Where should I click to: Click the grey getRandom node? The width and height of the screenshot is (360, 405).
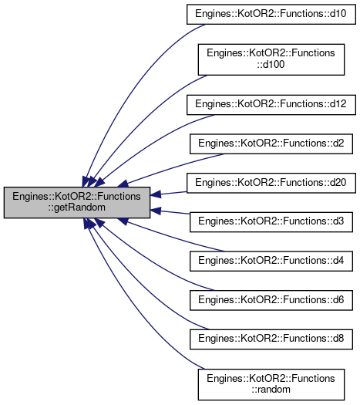click(77, 202)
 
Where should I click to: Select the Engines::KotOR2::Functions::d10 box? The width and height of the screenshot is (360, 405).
click(271, 14)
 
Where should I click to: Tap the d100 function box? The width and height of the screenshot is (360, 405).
click(271, 59)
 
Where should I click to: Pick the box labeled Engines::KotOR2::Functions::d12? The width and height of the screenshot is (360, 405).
click(271, 105)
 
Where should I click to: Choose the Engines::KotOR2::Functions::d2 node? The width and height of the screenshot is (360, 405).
click(271, 143)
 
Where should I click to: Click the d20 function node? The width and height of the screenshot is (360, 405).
click(271, 183)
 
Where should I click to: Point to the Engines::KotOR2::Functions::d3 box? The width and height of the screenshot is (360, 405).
click(271, 222)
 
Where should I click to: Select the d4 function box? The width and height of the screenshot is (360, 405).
click(271, 262)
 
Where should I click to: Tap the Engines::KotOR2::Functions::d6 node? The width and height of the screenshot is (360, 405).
click(271, 300)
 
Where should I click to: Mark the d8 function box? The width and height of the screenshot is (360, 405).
click(271, 339)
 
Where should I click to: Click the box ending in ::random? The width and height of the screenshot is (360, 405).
click(271, 385)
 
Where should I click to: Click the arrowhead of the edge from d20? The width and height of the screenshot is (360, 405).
click(156, 194)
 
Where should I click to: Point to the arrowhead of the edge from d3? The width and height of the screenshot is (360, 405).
click(156, 211)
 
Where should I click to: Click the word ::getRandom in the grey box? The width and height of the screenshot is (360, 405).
click(76, 208)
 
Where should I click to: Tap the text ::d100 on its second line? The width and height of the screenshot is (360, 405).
click(271, 64)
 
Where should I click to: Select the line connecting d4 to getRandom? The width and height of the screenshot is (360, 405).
click(176, 237)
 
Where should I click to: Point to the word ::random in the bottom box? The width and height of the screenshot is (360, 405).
click(271, 390)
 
